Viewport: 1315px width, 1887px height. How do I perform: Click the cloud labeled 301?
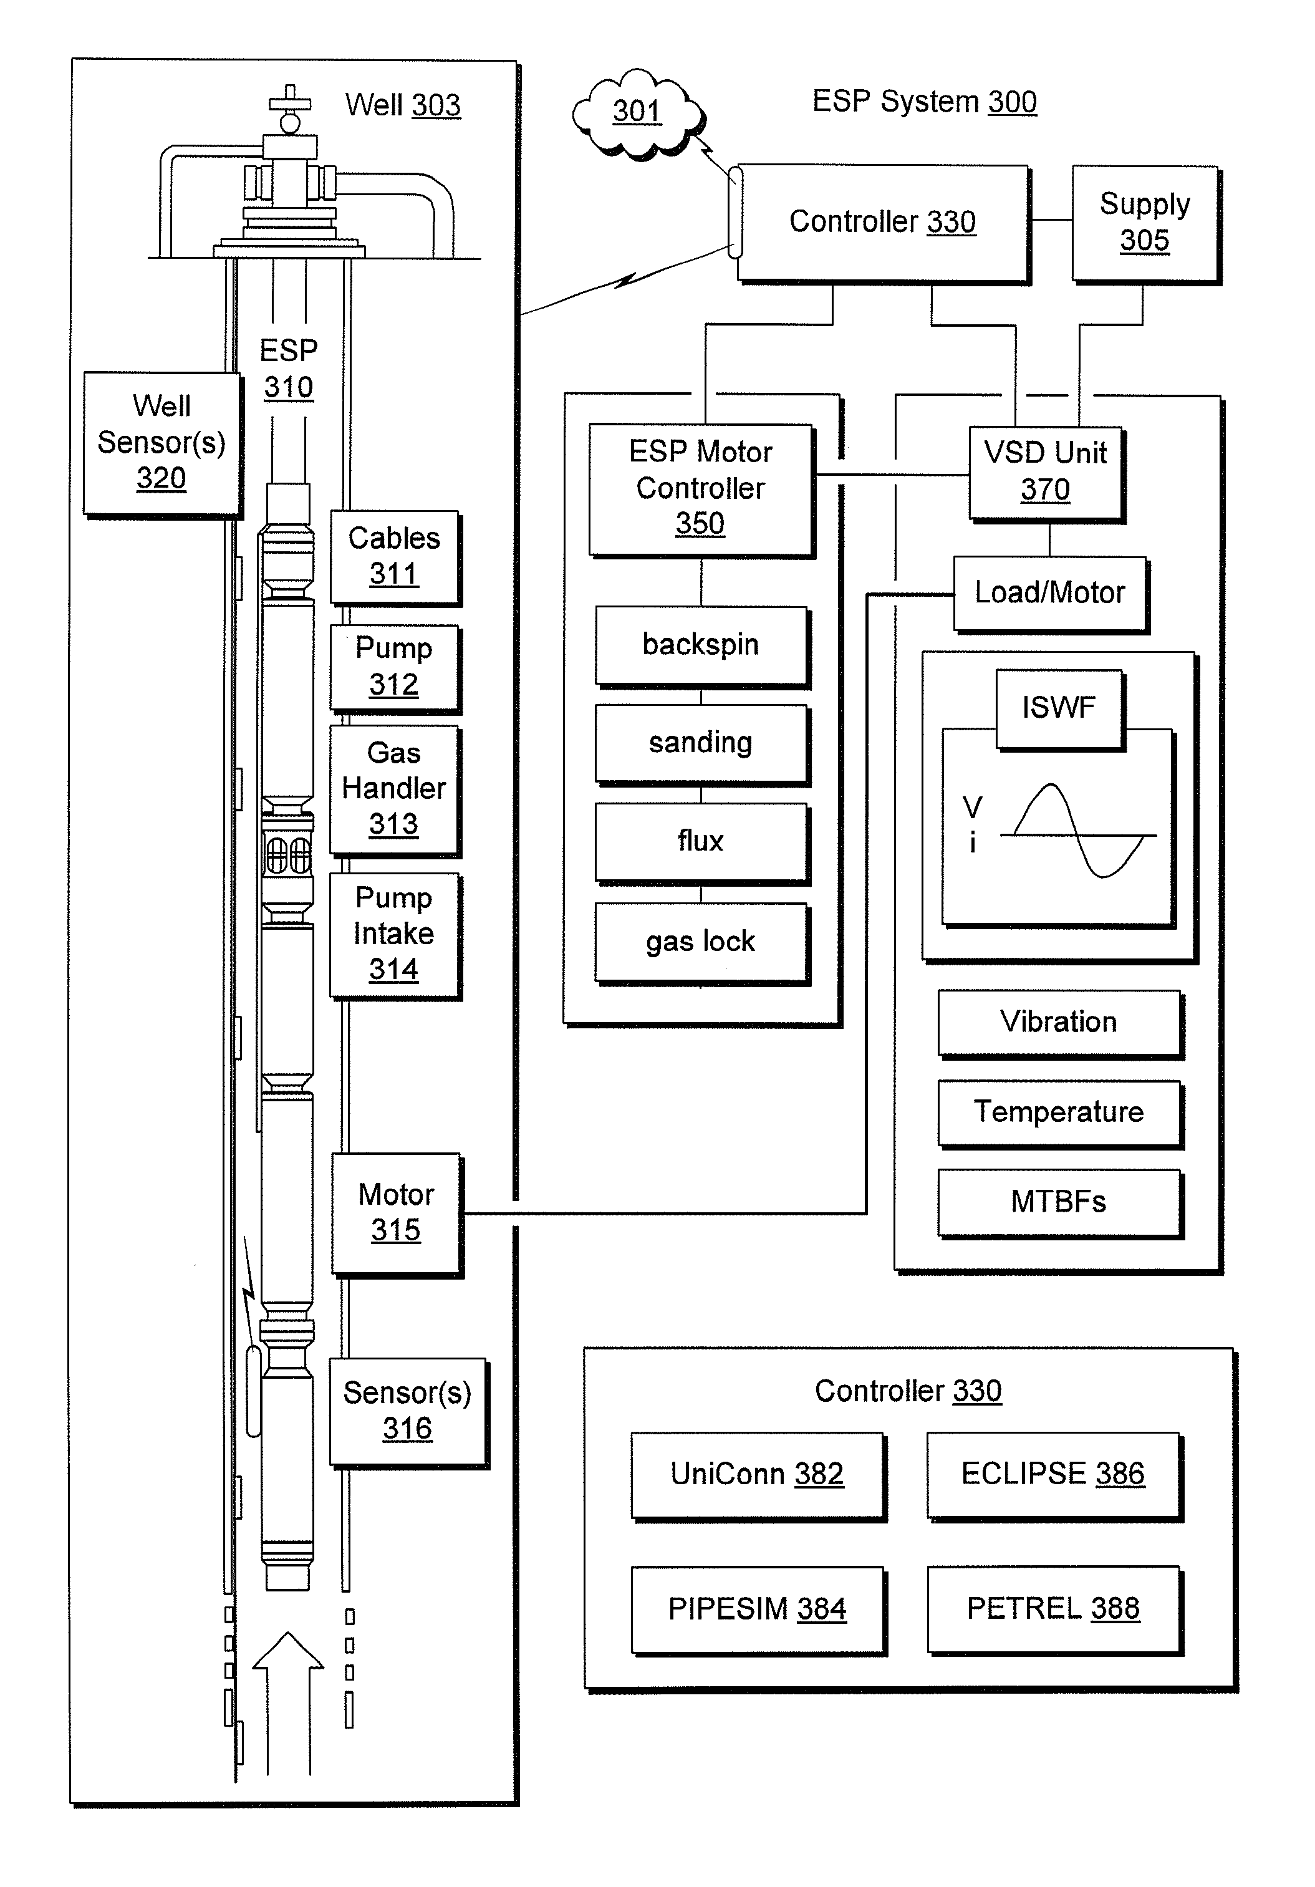coord(637,113)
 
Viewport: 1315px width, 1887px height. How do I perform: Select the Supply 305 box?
coord(1144,223)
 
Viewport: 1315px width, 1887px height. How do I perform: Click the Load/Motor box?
coord(1049,592)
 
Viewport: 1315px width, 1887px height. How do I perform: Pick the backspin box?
coord(701,645)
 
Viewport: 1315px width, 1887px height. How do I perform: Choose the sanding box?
coord(701,743)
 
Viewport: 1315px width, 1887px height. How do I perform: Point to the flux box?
coord(701,841)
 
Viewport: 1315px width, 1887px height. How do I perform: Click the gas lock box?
coord(701,941)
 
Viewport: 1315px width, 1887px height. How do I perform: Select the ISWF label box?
coord(1059,708)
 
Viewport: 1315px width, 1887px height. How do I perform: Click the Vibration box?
coord(1059,1021)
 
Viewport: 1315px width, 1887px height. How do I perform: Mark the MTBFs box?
coord(1059,1202)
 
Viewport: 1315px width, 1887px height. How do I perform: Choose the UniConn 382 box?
coord(757,1474)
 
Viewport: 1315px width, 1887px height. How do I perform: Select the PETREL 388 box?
coord(1053,1608)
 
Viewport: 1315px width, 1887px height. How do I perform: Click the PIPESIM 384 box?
coord(757,1608)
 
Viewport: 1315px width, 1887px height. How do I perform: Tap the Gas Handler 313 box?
coord(393,788)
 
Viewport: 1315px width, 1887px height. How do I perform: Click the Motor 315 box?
coord(396,1212)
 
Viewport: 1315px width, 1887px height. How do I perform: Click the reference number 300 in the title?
coord(1012,102)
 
